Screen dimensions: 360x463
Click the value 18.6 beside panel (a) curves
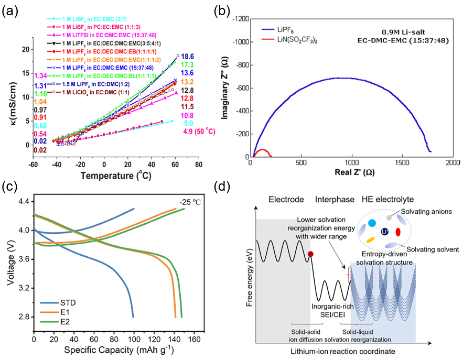tap(188, 56)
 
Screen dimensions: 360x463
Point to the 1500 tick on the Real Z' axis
tap(402, 163)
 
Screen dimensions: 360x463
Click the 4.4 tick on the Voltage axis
tap(23, 201)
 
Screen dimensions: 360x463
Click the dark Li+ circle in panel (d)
tap(385, 232)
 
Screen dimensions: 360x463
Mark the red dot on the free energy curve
tap(310, 254)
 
